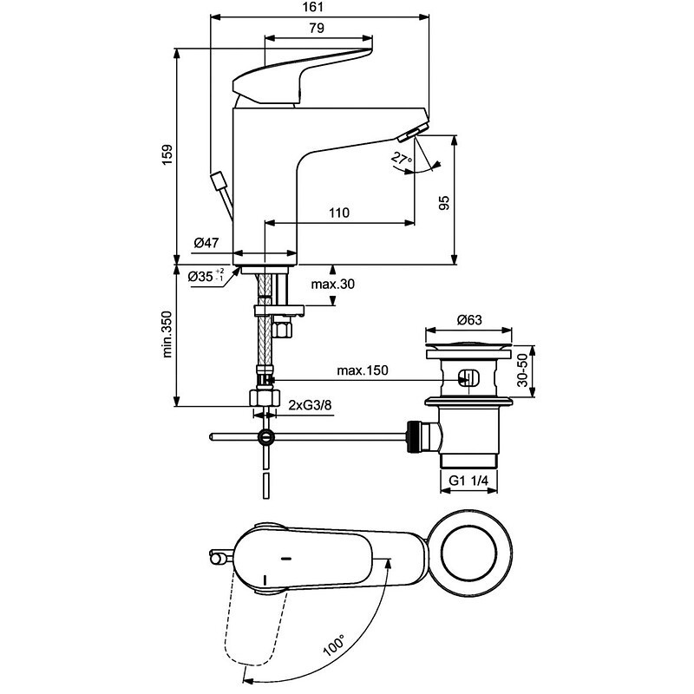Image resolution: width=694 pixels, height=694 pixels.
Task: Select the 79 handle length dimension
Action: pos(316,29)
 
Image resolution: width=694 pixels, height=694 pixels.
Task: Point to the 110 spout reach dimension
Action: pos(338,213)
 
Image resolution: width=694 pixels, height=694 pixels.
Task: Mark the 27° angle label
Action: pos(400,159)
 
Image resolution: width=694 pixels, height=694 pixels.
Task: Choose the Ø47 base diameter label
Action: pos(206,244)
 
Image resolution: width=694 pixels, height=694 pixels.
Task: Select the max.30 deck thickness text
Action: pos(333,285)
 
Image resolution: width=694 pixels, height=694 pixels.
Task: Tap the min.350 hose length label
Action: pos(169,334)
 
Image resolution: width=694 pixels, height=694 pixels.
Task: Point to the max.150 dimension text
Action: pos(362,370)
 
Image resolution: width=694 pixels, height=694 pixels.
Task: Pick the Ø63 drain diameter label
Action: pos(468,319)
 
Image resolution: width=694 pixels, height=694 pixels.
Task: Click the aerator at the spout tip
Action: pos(409,133)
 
